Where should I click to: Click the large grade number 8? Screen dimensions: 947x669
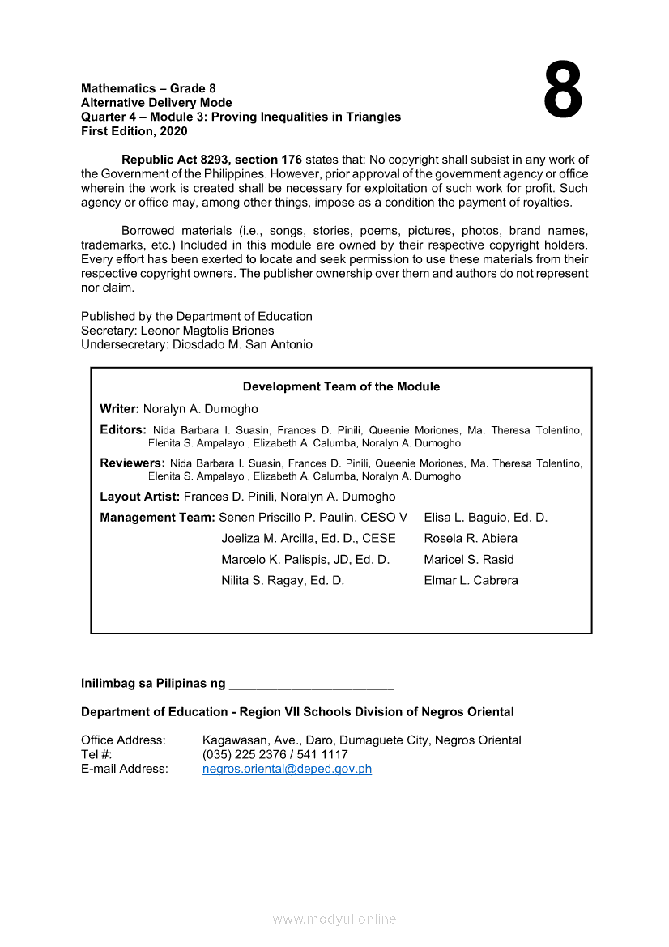pos(562,91)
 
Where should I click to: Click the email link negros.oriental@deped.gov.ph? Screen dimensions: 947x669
pos(287,769)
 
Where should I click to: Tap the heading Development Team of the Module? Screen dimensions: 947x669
pos(341,386)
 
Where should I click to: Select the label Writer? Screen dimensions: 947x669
pos(120,409)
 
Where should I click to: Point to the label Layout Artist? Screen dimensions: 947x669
pos(139,497)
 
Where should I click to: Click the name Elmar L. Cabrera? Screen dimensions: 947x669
pos(471,580)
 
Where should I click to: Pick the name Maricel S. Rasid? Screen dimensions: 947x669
pos(468,559)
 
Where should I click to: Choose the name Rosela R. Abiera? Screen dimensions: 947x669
pos(470,538)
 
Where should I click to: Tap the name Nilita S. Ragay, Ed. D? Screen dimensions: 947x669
pos(283,580)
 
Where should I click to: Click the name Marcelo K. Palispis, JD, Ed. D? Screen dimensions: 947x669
pos(305,559)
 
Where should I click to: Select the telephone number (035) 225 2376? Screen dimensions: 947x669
pos(254,754)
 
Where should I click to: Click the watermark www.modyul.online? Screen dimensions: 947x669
pos(334,919)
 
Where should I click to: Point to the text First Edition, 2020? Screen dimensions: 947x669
pos(134,131)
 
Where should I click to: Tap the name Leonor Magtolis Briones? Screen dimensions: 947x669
pos(207,331)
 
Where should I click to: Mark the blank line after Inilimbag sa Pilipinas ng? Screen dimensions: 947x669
pos(312,685)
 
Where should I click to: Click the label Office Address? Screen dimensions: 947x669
pos(123,740)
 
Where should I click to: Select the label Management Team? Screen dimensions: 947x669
pos(157,517)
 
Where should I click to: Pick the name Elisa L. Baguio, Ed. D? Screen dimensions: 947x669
pos(485,517)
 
